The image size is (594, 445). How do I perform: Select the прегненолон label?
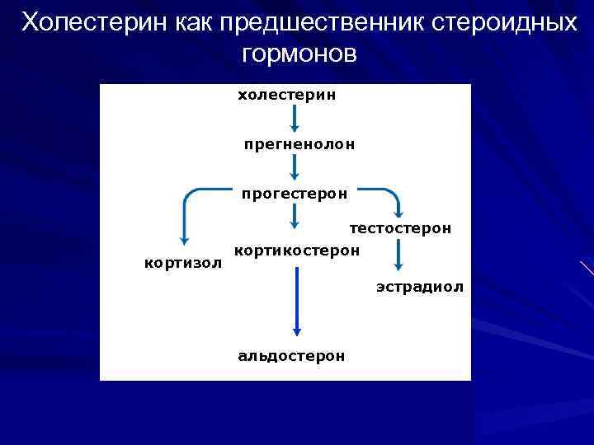tap(299, 144)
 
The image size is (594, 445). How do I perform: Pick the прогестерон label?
tap(295, 194)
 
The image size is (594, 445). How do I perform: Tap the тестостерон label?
tap(400, 227)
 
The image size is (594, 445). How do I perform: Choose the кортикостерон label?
tap(297, 249)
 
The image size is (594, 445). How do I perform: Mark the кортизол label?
tap(183, 263)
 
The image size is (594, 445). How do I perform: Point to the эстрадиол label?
tap(419, 287)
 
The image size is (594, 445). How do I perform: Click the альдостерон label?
tap(291, 356)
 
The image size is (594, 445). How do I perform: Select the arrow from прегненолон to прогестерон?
tap(295, 169)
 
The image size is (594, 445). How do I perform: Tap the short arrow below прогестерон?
tap(295, 218)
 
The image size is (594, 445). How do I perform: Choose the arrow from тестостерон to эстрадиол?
tap(398, 255)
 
